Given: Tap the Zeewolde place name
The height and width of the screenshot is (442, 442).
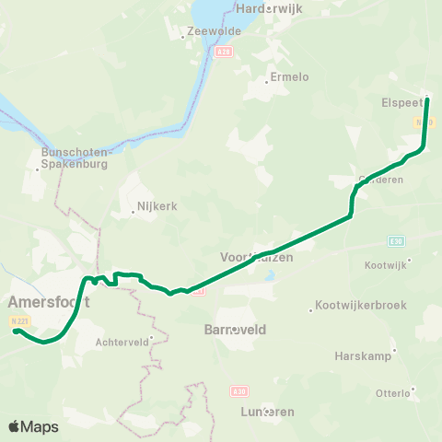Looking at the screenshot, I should coord(214,30).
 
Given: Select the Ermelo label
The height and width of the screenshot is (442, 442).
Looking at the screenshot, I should coord(289,77).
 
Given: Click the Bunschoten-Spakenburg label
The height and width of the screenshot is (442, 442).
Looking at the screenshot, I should coord(76,157).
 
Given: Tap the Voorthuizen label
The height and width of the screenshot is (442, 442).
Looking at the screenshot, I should coord(257,258).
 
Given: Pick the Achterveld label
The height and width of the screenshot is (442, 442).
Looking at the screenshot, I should coord(122,342).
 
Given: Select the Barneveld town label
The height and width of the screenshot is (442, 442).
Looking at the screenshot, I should coord(235,328).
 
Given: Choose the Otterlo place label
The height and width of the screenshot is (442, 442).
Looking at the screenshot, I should coord(393,393).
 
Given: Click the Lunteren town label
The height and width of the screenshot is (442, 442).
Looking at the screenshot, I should coord(266,412).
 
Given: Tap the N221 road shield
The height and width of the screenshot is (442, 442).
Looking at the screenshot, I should coord(17,320).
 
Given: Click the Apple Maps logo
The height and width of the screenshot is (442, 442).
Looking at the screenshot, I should coord(33,426).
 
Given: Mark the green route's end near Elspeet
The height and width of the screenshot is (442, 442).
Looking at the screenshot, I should coord(427,99).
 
